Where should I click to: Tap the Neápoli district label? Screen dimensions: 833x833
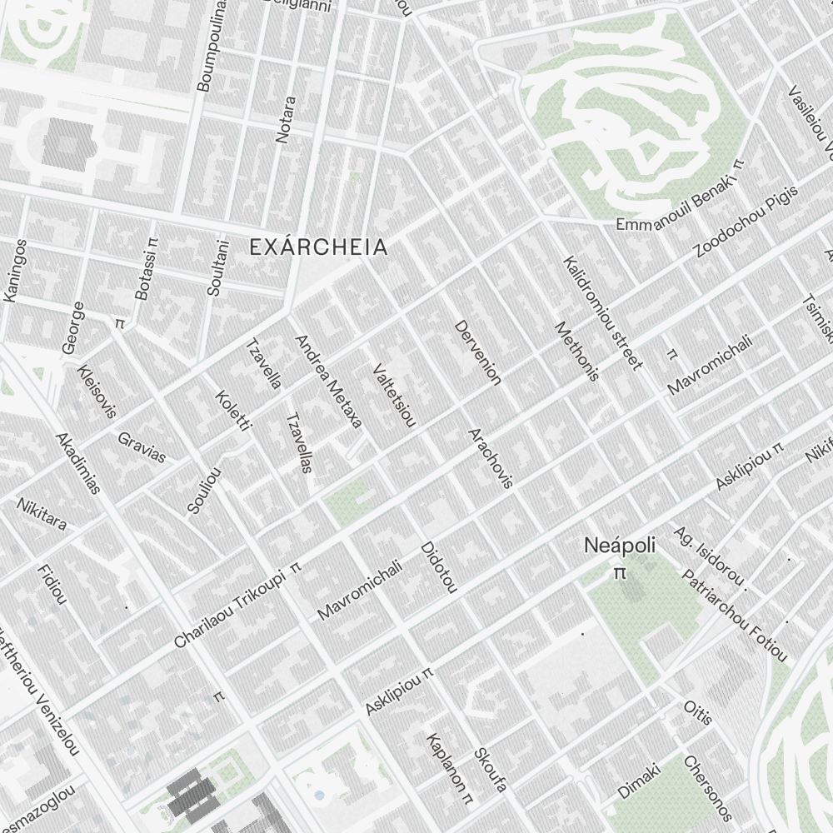pyautogui.click(x=619, y=546)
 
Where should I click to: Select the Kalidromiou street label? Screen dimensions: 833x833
pyautogui.click(x=602, y=313)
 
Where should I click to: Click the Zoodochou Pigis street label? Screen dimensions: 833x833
pyautogui.click(x=746, y=221)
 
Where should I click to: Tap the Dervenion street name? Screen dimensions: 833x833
pyautogui.click(x=478, y=352)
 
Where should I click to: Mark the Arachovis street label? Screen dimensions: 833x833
pyautogui.click(x=490, y=457)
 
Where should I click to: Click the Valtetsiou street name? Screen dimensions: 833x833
pyautogui.click(x=394, y=395)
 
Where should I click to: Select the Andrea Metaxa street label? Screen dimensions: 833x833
pyautogui.click(x=328, y=382)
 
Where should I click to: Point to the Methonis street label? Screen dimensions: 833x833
pyautogui.click(x=576, y=351)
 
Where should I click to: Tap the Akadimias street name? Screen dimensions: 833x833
pyautogui.click(x=77, y=462)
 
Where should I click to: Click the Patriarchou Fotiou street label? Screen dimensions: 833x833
pyautogui.click(x=734, y=616)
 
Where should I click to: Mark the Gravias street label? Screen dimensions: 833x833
pyautogui.click(x=142, y=446)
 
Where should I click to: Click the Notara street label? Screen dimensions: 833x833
pyautogui.click(x=286, y=119)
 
